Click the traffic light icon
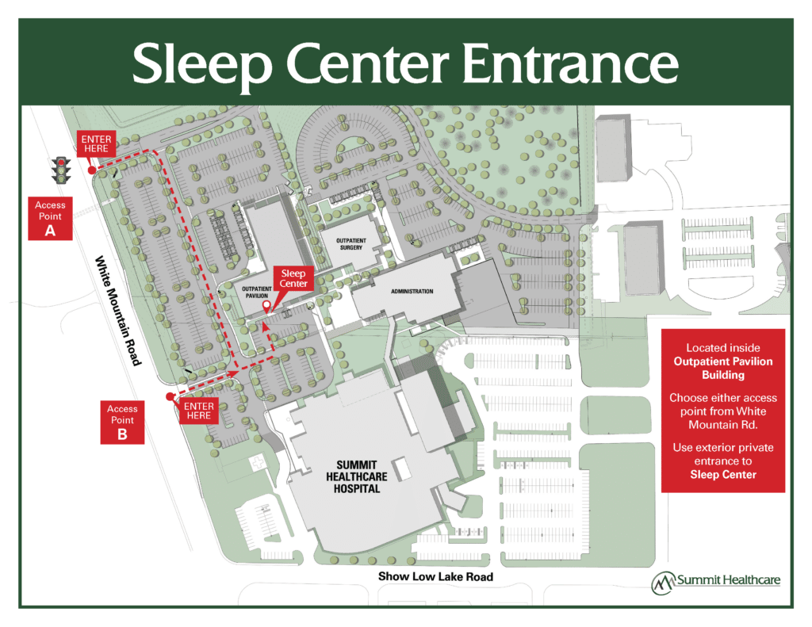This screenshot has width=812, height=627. (61, 170)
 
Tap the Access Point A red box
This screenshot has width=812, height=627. (51, 218)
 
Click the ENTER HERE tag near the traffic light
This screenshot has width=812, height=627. (97, 145)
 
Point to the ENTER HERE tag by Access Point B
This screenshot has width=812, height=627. (198, 410)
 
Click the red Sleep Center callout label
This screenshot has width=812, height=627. (293, 278)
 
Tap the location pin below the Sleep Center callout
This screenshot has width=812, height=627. (266, 307)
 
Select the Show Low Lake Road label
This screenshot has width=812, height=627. (435, 576)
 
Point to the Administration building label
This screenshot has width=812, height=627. (412, 292)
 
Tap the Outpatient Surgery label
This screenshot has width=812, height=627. (349, 243)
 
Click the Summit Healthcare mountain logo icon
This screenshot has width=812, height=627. (662, 583)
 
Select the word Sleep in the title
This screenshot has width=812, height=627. (193, 64)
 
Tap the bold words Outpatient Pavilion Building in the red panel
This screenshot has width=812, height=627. (723, 368)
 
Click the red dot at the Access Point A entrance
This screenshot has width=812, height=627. (92, 170)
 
